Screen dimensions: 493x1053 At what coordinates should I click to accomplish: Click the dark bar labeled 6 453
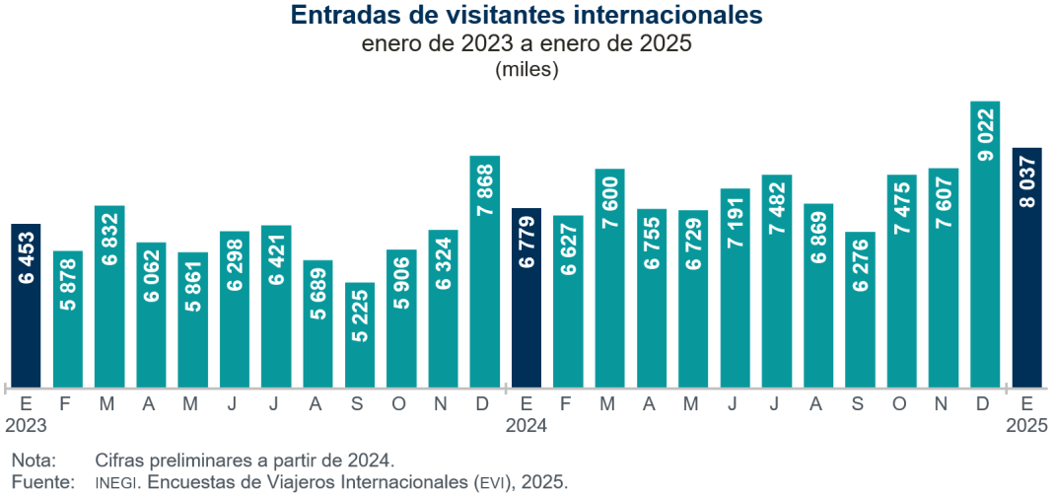tap(27, 306)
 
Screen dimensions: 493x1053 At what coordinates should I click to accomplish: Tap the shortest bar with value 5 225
tap(360, 335)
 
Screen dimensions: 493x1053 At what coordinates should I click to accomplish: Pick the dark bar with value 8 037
tap(1026, 267)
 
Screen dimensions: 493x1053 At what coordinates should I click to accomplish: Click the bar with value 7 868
tap(485, 271)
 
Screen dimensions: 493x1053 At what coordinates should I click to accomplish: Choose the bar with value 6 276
tap(860, 310)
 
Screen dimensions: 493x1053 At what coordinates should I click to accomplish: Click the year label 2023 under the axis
tap(26, 425)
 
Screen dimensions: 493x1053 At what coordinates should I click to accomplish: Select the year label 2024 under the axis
tap(526, 425)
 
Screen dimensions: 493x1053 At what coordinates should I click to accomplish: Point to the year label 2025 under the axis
tap(1026, 425)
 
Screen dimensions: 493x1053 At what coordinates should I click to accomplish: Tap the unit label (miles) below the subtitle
tap(526, 69)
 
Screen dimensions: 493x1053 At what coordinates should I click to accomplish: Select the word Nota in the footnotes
tap(34, 459)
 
